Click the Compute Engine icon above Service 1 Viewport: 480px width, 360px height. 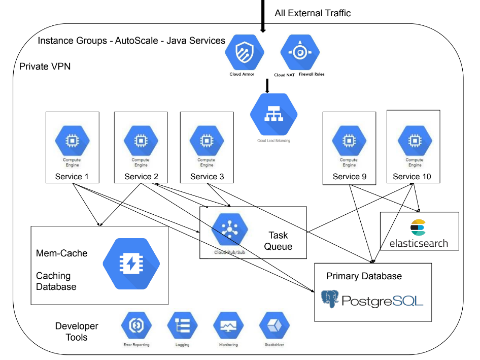[x=72, y=140]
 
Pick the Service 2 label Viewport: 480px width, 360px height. [x=141, y=177]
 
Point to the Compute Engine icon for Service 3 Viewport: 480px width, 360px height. [x=207, y=140]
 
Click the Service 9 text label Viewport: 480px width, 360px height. [x=349, y=177]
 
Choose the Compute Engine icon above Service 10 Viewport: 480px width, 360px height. [x=414, y=140]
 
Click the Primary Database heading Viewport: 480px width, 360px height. [x=364, y=276]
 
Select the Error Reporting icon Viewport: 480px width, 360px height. [x=137, y=326]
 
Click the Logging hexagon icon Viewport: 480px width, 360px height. [x=183, y=326]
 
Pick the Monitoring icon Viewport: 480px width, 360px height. [x=228, y=326]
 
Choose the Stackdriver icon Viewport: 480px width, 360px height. [x=274, y=326]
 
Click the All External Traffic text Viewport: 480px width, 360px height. [x=313, y=13]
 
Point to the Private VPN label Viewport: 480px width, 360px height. [x=45, y=67]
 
